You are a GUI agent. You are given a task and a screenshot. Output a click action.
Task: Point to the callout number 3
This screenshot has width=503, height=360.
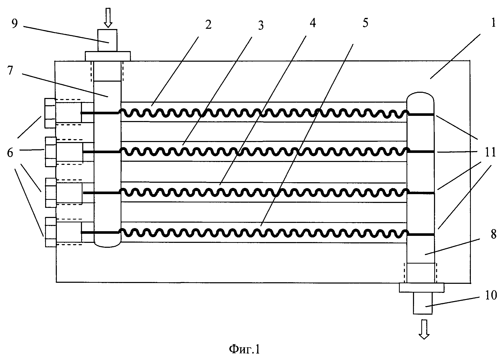260,26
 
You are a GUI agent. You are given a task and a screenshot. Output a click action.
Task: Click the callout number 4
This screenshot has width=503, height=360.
313,23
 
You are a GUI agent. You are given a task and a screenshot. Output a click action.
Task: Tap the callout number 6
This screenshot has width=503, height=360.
10,153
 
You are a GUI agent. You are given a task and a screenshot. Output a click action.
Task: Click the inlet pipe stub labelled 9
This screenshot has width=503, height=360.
107,40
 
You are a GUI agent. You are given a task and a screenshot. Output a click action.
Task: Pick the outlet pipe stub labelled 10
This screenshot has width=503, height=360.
423,303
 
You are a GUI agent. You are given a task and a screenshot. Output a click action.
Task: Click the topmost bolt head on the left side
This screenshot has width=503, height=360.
50,113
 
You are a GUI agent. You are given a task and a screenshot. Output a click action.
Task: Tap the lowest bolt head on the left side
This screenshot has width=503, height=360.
51,232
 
